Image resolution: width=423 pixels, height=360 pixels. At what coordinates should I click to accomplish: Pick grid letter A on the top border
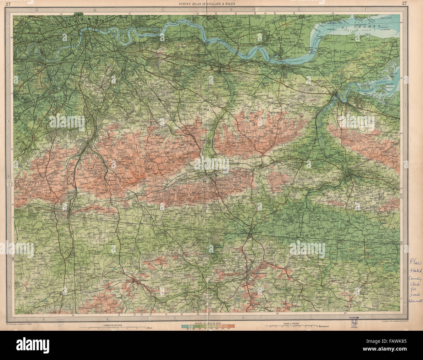37,10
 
